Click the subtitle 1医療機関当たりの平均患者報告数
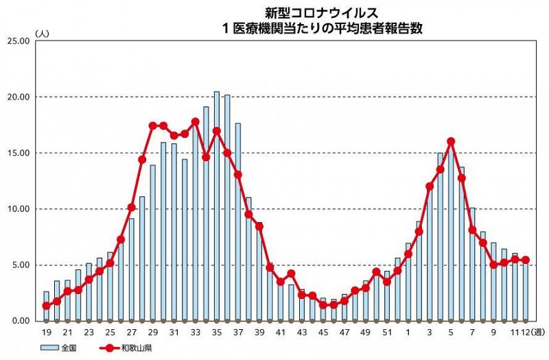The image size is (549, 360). tap(320, 28)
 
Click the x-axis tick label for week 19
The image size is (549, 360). tap(46, 333)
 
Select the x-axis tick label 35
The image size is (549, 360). tap(216, 333)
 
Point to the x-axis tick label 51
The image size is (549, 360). tap(386, 333)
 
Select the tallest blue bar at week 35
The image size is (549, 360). tap(216, 206)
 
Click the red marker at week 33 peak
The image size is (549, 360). tap(195, 122)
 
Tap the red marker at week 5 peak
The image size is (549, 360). tap(451, 141)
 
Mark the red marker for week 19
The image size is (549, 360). tap(46, 306)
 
